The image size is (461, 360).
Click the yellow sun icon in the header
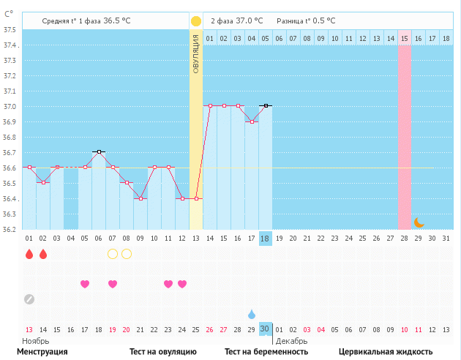(x=196, y=21)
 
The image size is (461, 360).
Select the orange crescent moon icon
(x=419, y=222)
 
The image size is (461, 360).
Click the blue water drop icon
(x=251, y=314)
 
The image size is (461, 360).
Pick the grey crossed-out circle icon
(x=29, y=299)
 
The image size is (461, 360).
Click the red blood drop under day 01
(x=29, y=254)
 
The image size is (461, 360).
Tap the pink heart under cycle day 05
(x=85, y=284)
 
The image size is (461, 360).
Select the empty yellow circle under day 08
(x=127, y=254)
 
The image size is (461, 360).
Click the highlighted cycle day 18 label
(x=266, y=239)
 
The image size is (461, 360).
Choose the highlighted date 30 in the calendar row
(x=266, y=329)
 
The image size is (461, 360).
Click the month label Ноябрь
(x=36, y=341)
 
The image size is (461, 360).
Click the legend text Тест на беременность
(x=266, y=352)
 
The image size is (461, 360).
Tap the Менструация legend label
(x=42, y=352)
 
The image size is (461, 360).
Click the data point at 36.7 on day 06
(x=99, y=151)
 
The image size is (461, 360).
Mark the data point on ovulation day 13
(x=196, y=198)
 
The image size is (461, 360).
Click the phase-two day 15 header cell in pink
(x=404, y=38)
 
